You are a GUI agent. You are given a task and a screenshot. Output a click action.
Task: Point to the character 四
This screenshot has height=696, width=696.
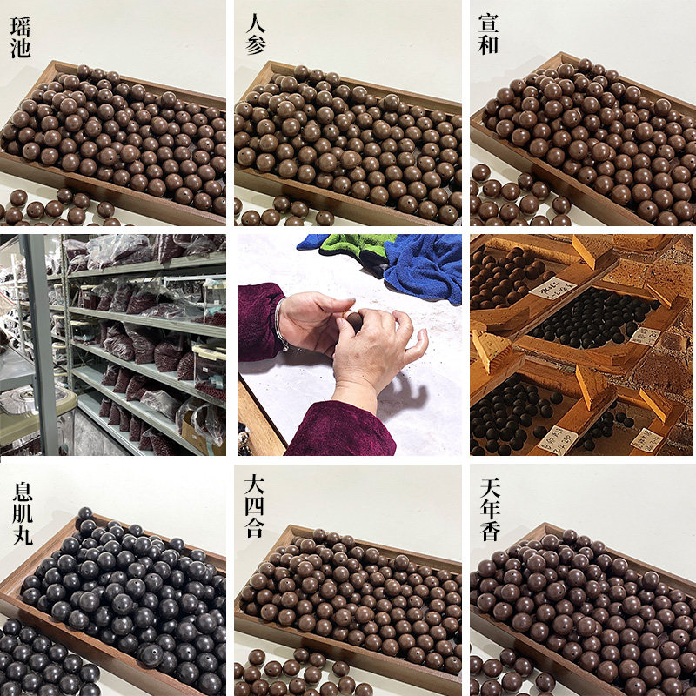point(255,505)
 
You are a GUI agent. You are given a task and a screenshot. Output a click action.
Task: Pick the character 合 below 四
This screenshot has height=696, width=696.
point(255,528)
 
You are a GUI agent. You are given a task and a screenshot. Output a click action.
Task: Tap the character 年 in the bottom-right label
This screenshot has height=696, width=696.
point(490,505)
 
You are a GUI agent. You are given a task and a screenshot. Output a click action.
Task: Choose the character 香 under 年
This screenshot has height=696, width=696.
point(490,528)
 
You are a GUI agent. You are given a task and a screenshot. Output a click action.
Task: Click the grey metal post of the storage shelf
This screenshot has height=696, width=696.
point(39,348)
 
